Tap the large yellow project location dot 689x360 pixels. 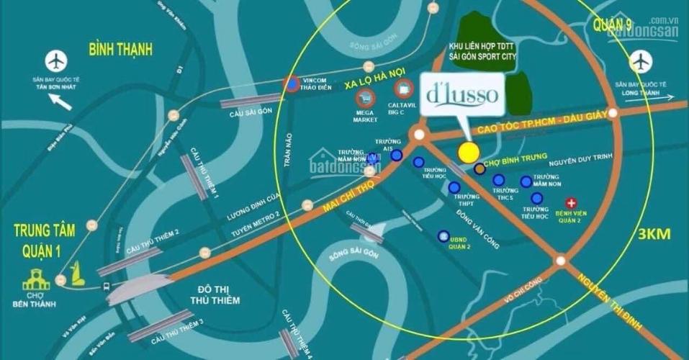click(469, 152)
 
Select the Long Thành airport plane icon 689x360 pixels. click(639, 63)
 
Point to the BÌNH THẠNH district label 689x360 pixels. click(121, 49)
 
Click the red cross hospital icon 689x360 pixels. click(572, 203)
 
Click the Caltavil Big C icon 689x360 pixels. click(403, 90)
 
